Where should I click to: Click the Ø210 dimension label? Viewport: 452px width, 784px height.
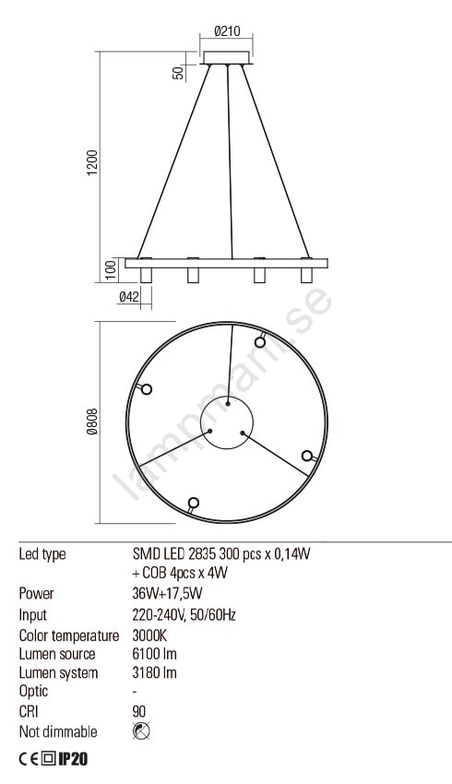227,31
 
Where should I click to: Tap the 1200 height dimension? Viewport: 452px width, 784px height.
93,162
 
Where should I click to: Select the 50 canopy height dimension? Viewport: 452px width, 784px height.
179,73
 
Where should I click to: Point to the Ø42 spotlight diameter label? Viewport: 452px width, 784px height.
128,297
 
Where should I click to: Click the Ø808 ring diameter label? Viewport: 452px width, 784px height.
93,422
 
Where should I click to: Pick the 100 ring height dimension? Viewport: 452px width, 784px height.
112,270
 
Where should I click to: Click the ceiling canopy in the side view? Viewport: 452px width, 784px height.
227,57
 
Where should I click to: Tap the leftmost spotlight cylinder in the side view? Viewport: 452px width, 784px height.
146,275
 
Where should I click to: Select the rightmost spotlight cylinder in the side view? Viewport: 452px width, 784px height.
306,275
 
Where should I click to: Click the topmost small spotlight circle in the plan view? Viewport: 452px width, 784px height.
260,342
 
